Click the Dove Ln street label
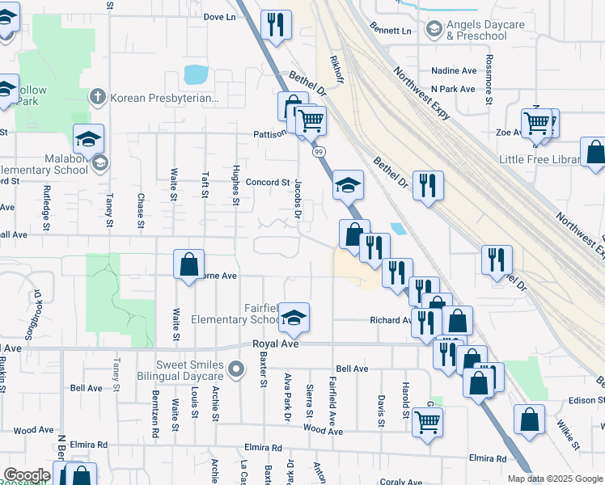coord(219,16)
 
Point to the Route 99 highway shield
coord(319,151)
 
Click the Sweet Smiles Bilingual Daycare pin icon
coord(235,370)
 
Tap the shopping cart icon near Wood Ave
coord(427,421)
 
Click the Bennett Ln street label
coord(391,31)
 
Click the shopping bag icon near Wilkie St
coord(529,420)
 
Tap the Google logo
coord(27,475)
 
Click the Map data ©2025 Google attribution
coord(554,479)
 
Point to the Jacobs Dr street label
coord(297,199)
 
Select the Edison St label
coord(587,400)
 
